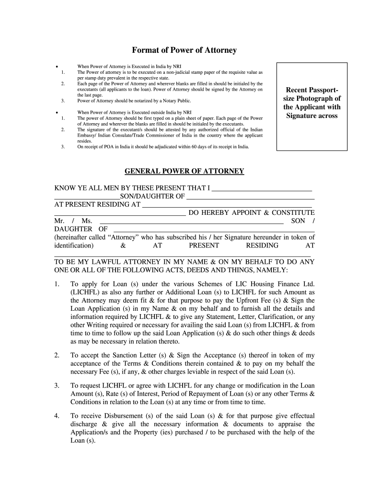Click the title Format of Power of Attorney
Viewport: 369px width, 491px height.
click(x=184, y=50)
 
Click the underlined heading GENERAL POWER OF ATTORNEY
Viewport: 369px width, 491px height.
click(x=184, y=171)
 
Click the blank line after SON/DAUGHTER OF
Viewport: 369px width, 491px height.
click(x=250, y=197)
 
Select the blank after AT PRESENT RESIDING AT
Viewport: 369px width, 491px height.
click(x=227, y=205)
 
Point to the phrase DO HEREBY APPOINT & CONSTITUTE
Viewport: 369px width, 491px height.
click(x=252, y=213)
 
